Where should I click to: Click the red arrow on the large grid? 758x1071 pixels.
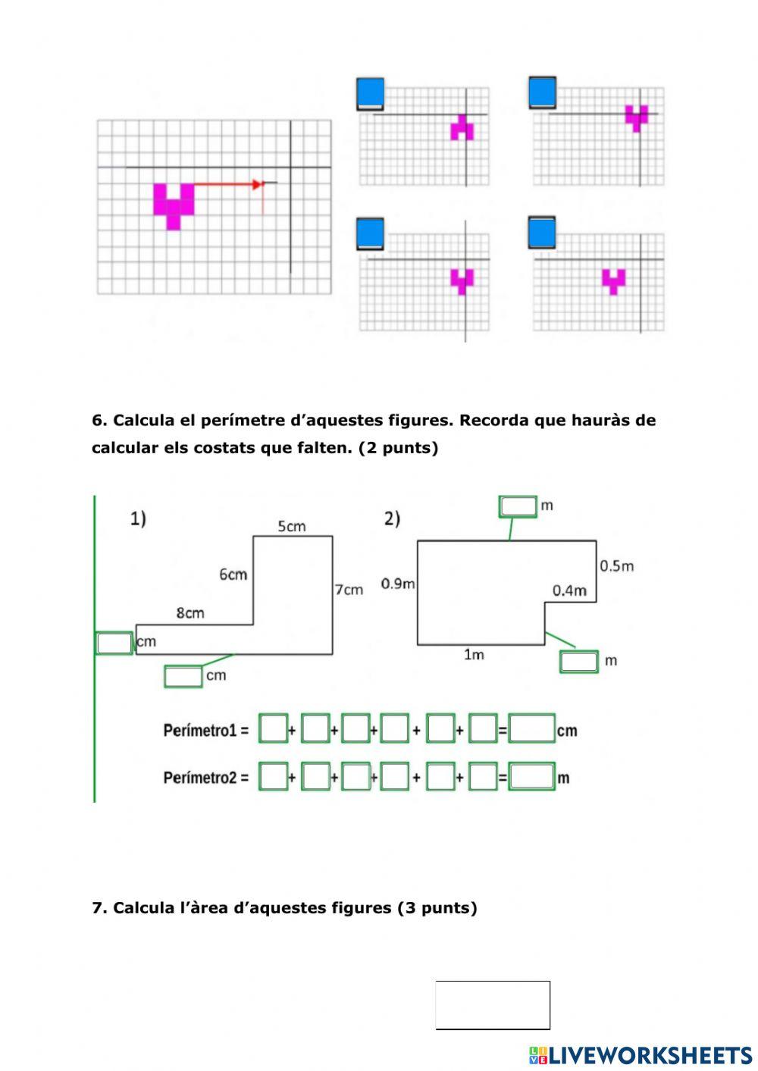click(x=227, y=184)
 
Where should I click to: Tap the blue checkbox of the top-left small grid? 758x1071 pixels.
click(x=370, y=93)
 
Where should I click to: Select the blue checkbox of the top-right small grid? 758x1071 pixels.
click(x=542, y=92)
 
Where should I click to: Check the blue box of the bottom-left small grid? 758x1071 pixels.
click(x=370, y=233)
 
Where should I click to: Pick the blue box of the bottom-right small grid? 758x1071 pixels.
click(x=542, y=233)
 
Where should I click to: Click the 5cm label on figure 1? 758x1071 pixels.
click(x=292, y=526)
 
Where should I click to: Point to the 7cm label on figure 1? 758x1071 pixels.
click(x=349, y=589)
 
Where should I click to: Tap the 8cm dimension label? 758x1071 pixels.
click(x=190, y=612)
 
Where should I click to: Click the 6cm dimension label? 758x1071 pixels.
click(x=233, y=575)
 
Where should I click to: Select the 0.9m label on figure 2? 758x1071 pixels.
click(x=398, y=584)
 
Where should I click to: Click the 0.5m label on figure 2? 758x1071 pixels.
click(x=616, y=566)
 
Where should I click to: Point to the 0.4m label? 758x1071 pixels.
click(x=568, y=590)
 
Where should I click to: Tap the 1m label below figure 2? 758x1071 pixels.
click(x=474, y=655)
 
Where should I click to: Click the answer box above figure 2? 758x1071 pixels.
click(x=518, y=506)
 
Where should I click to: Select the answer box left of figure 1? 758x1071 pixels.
click(x=114, y=643)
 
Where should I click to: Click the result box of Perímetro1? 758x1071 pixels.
click(x=531, y=729)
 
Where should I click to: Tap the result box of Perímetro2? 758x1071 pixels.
click(x=531, y=777)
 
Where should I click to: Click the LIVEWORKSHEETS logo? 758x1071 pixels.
click(x=641, y=1055)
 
